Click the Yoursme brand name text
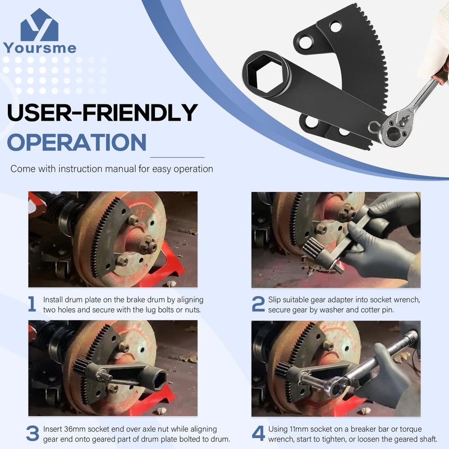(x=39, y=48)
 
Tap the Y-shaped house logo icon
(x=39, y=25)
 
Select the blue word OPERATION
(x=76, y=142)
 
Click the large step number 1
(x=33, y=304)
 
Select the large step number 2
(x=258, y=304)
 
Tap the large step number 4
(x=258, y=433)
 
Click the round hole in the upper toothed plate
(x=336, y=26)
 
